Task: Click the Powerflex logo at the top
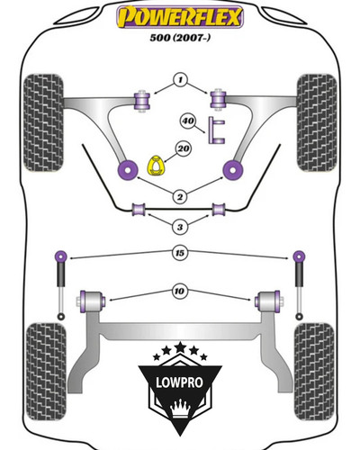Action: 180,17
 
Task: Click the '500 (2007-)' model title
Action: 180,38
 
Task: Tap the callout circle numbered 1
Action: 180,80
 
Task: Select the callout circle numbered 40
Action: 188,121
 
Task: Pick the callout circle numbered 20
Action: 184,148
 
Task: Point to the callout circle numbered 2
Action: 180,197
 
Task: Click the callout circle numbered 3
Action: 180,227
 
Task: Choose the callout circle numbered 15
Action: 180,253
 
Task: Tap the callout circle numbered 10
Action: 179,291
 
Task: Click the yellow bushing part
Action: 157,165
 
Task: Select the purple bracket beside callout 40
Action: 216,130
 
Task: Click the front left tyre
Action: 43,123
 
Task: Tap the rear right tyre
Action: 314,372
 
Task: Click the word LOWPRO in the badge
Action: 179,382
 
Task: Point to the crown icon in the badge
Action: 180,409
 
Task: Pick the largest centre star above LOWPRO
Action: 180,347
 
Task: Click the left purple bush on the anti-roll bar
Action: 139,210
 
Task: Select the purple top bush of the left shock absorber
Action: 61,256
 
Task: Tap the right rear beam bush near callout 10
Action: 267,301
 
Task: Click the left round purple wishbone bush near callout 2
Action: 128,170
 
